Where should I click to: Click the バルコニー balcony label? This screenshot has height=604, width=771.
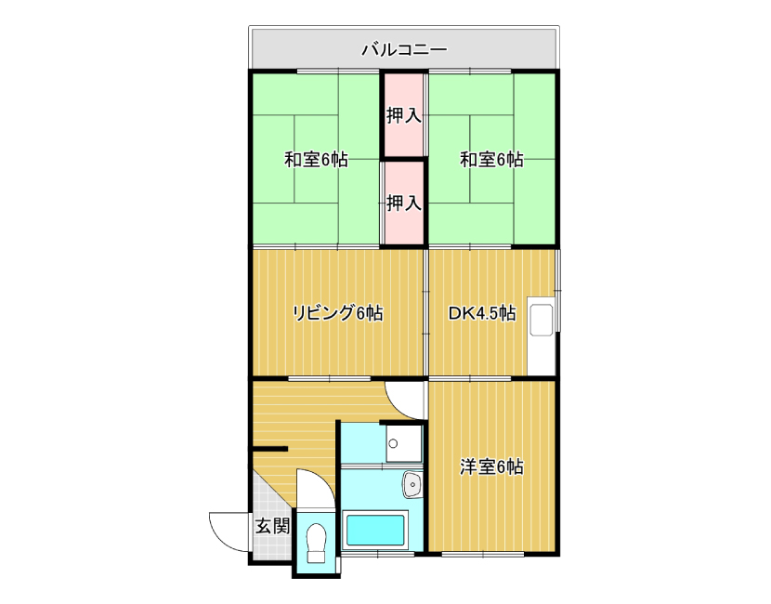pyautogui.click(x=404, y=49)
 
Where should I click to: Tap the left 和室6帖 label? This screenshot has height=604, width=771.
pyautogui.click(x=316, y=159)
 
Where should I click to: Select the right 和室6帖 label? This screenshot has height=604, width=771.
pyautogui.click(x=491, y=159)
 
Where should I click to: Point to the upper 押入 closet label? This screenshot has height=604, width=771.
pyautogui.click(x=404, y=115)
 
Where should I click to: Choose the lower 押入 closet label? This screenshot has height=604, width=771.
pyautogui.click(x=404, y=203)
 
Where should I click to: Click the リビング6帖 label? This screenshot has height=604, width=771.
pyautogui.click(x=338, y=313)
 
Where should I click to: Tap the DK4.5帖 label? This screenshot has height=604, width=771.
pyautogui.click(x=482, y=313)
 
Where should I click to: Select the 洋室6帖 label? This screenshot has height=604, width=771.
pyautogui.click(x=491, y=466)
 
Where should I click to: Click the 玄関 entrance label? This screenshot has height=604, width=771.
pyautogui.click(x=272, y=527)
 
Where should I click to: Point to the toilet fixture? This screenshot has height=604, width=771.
pyautogui.click(x=316, y=543)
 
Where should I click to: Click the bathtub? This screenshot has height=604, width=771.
pyautogui.click(x=375, y=531)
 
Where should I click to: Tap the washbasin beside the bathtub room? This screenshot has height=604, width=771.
pyautogui.click(x=412, y=484)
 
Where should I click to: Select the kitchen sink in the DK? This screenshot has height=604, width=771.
pyautogui.click(x=541, y=321)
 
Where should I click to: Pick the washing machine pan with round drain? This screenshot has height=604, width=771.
pyautogui.click(x=404, y=443)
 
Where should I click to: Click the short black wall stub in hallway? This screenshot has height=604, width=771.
pyautogui.click(x=269, y=449)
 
